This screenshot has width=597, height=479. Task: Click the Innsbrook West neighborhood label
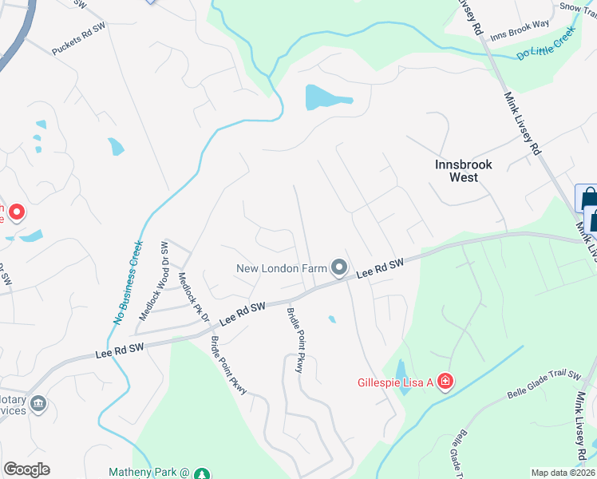click(x=464, y=171)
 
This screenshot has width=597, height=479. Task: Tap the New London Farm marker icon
click(x=339, y=268)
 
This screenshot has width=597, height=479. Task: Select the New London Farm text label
click(x=282, y=268)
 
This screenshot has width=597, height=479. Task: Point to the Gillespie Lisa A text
click(x=394, y=383)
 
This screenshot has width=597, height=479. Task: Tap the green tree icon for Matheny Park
click(x=203, y=473)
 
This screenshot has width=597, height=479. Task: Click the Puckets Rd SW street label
click(x=79, y=38)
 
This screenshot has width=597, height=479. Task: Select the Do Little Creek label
click(x=546, y=45)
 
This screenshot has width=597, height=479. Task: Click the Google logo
click(x=26, y=469)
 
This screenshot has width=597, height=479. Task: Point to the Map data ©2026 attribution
click(x=563, y=473)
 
